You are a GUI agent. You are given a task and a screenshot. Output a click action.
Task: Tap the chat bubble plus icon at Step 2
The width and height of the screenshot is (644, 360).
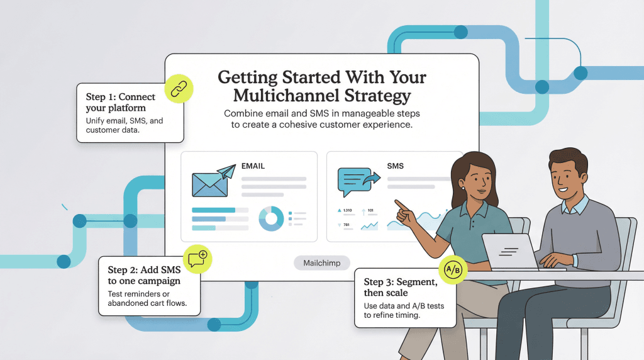tap(198, 260)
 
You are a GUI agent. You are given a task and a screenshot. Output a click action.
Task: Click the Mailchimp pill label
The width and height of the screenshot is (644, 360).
tap(322, 263)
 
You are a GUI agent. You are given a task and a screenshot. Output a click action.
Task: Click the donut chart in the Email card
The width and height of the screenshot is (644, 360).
tap(272, 218)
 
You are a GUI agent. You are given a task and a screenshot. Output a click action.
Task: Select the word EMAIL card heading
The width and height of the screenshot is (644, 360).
tap(253, 167)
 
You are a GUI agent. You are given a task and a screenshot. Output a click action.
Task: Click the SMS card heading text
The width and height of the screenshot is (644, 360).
tap(396, 166)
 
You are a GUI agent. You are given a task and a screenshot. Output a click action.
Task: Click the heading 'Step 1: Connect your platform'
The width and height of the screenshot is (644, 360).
tap(120, 102)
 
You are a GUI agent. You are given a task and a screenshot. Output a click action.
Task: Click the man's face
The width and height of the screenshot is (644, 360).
tap(565, 177)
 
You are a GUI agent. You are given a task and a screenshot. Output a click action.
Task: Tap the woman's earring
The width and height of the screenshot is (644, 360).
tap(462, 187)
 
